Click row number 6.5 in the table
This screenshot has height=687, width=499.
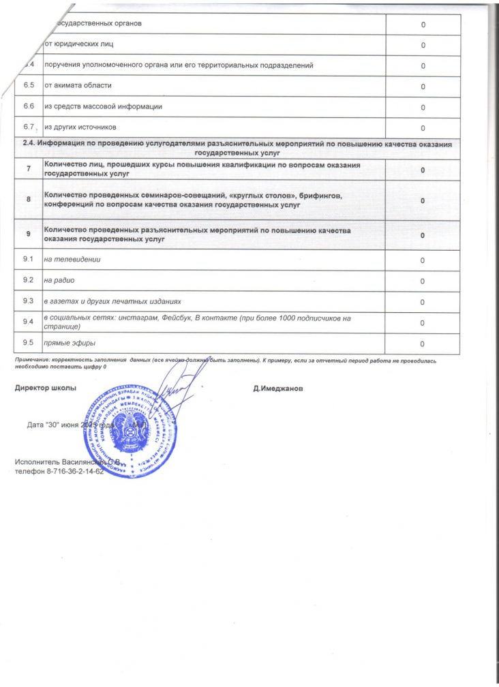[29, 86]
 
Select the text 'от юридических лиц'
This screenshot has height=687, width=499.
[78, 45]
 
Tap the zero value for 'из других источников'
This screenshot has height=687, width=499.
[423, 129]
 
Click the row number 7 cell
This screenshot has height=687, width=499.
[28, 169]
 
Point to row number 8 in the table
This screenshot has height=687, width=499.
[28, 200]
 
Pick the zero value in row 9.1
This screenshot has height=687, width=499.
[423, 260]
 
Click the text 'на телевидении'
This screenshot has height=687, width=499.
[72, 260]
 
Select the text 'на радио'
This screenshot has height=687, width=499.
[59, 280]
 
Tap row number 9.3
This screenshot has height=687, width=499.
[29, 301]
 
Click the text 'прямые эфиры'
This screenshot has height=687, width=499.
[70, 342]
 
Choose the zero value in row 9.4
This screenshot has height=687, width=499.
[423, 322]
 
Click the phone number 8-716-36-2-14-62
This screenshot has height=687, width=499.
[75, 472]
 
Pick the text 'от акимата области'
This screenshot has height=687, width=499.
[77, 86]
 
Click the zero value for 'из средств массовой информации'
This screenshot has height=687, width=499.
[423, 108]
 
